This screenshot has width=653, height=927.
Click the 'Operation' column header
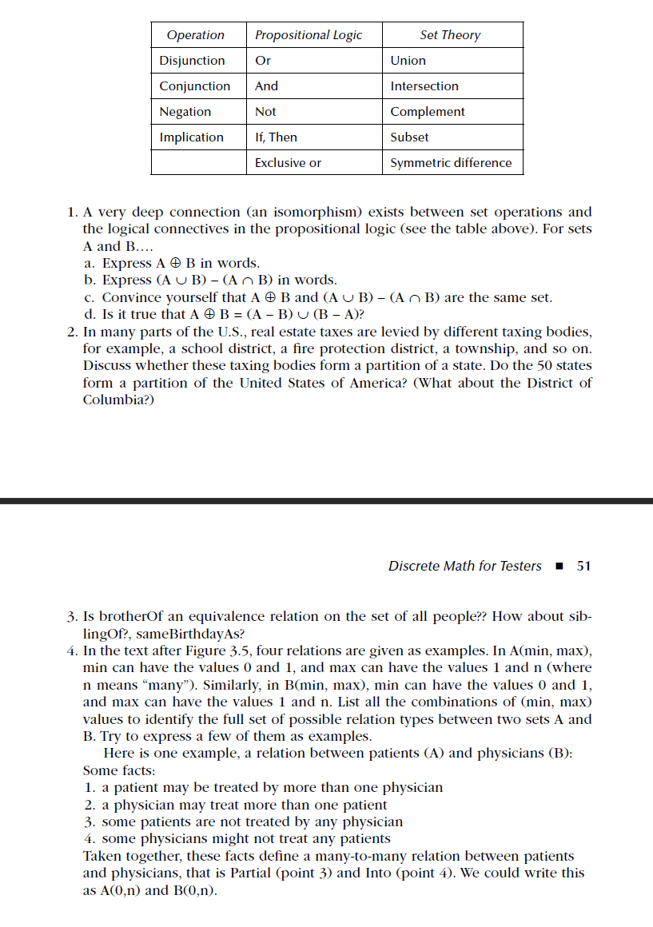point(196,35)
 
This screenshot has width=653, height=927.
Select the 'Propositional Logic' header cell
point(309,35)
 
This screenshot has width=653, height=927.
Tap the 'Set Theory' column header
point(450,35)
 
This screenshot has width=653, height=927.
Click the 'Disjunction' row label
point(192,61)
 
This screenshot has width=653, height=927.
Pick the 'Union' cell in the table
point(408,61)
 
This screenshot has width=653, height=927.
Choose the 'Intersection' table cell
point(424,86)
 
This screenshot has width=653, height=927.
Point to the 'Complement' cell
point(428,112)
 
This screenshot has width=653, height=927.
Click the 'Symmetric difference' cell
point(451,163)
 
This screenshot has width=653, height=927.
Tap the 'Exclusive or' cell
point(288,163)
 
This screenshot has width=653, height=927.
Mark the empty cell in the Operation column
point(198,163)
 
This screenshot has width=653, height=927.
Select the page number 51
point(583,566)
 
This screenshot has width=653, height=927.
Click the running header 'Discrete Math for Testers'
point(464,566)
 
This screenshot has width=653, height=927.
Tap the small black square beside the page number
point(559,567)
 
